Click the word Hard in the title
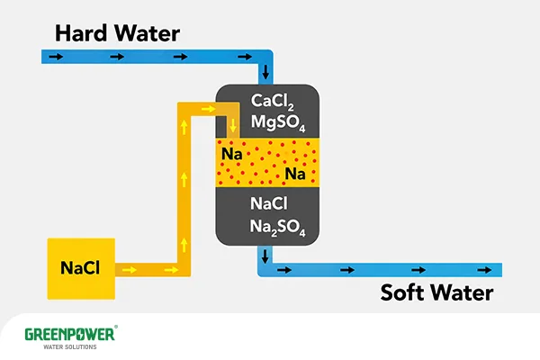click(x=81, y=33)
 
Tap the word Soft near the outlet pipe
click(x=401, y=292)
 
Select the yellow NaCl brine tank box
click(x=81, y=269)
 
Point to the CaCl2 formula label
click(x=272, y=102)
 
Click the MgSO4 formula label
click(x=278, y=122)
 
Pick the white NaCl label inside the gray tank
click(x=268, y=203)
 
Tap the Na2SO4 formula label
click(x=277, y=228)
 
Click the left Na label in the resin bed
click(x=232, y=154)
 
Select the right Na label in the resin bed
click(x=295, y=174)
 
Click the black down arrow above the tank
click(x=265, y=71)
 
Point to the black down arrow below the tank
click(x=265, y=256)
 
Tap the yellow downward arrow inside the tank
click(x=233, y=126)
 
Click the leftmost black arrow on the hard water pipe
click(x=56, y=57)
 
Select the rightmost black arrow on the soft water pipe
click(x=484, y=270)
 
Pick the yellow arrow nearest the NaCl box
click(x=129, y=270)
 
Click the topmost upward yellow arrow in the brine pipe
click(x=184, y=127)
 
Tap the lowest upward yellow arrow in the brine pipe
click(x=184, y=245)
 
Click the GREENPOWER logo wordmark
click(x=69, y=335)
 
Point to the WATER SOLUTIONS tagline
click(x=70, y=346)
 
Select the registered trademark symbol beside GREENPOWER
click(x=116, y=327)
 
